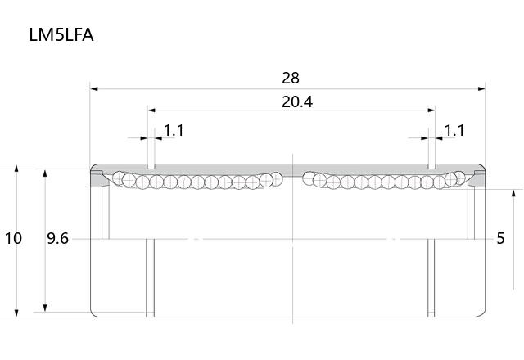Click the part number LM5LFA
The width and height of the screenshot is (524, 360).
pyautogui.click(x=61, y=35)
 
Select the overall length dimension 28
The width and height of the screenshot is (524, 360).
pyautogui.click(x=291, y=79)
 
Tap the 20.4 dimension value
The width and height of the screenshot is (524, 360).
pyautogui.click(x=297, y=101)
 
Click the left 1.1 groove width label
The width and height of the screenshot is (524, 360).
pyautogui.click(x=174, y=131)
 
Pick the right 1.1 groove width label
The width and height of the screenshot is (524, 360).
pyautogui.click(x=454, y=131)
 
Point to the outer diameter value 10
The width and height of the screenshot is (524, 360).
pyautogui.click(x=13, y=238)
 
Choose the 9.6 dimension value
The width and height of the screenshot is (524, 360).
pyautogui.click(x=57, y=238)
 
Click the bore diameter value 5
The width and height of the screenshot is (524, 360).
pyautogui.click(x=500, y=238)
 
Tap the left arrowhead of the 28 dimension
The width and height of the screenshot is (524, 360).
pyautogui.click(x=94, y=89)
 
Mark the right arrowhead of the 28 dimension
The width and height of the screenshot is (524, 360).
pyautogui.click(x=481, y=89)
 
